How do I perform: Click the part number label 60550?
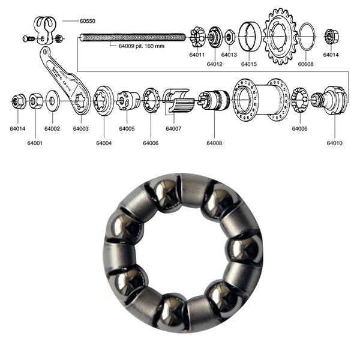88,21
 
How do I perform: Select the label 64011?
197,55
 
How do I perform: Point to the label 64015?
249,64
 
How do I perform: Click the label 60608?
305,64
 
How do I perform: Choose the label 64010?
335,143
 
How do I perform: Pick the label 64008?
214,143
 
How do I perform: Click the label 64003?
81,128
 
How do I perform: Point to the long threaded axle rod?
132,37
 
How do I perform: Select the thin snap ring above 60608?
306,37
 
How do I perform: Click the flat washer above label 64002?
52,100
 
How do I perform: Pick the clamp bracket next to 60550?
45,30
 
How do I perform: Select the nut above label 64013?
229,37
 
